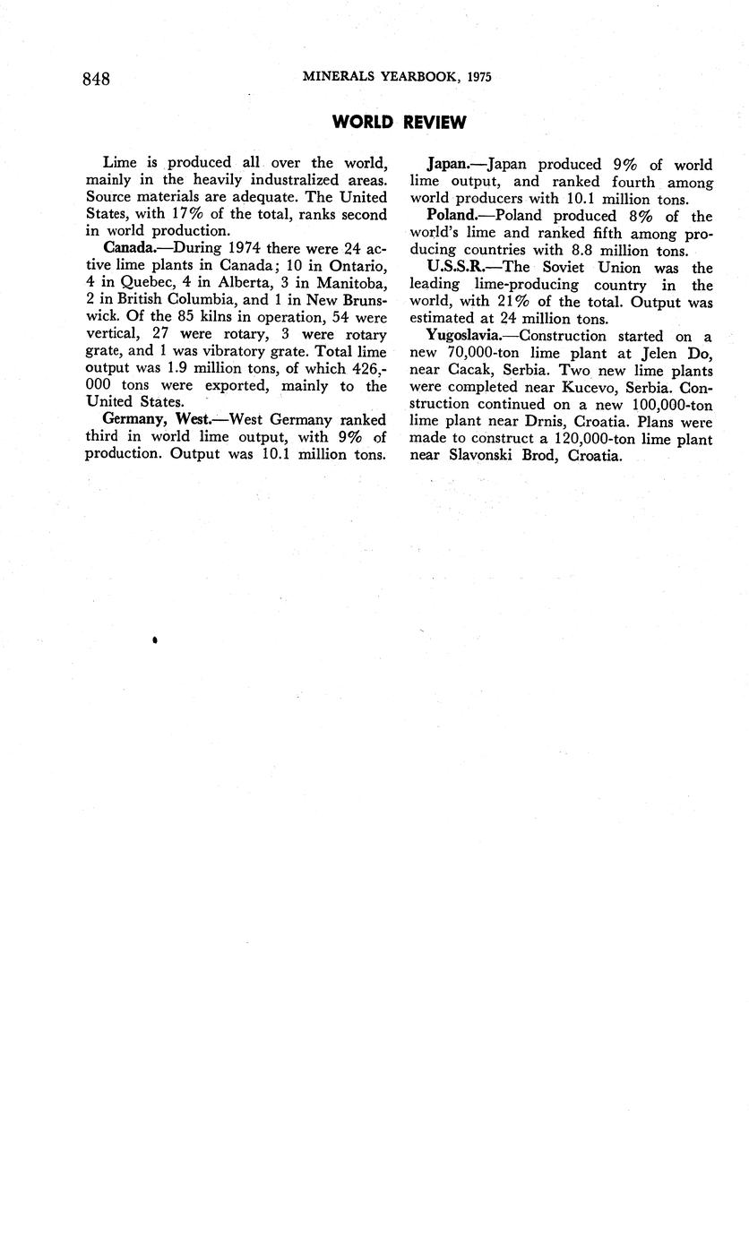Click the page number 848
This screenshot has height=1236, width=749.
(96, 78)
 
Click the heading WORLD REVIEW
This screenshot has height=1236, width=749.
(399, 123)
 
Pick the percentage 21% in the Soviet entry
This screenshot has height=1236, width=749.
(510, 302)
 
